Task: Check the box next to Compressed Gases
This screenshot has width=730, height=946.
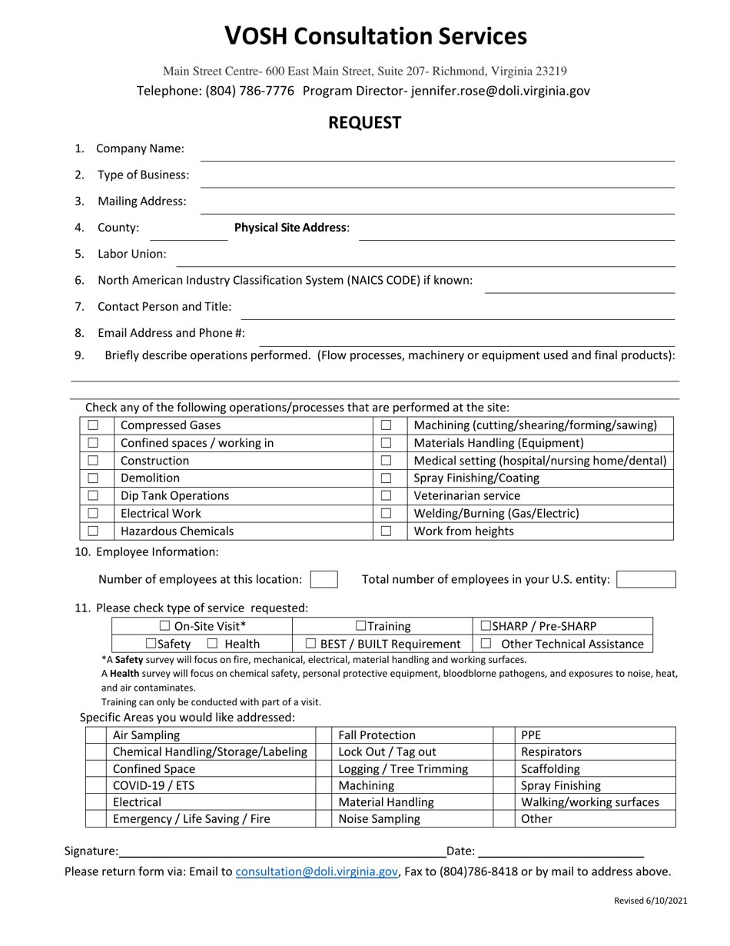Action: pos(93,425)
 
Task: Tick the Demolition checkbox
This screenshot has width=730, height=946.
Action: pos(93,478)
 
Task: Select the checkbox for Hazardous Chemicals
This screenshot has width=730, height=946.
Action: pos(93,531)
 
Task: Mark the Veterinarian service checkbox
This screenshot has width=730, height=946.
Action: pos(387,496)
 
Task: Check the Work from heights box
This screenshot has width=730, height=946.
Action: pos(387,531)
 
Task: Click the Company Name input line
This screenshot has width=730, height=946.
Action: pos(436,154)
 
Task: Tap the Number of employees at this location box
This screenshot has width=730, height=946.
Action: pos(324,579)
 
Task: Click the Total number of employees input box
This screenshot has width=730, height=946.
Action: pos(646,579)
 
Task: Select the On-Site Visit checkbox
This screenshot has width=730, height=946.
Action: pos(164,627)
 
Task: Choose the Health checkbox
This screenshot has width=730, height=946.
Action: pos(213,644)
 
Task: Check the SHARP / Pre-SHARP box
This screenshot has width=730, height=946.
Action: pos(486,627)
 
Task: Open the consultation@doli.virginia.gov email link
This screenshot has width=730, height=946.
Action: pos(317,871)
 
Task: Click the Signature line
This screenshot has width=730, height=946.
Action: pos(281,851)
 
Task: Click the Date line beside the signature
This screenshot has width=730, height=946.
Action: pos(560,851)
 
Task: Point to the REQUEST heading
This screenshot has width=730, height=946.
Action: pos(365,123)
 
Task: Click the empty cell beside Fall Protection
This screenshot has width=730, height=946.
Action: pos(324,735)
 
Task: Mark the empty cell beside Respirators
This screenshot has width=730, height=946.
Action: pos(504,752)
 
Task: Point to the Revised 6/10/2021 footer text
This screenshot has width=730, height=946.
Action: pos(650,901)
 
